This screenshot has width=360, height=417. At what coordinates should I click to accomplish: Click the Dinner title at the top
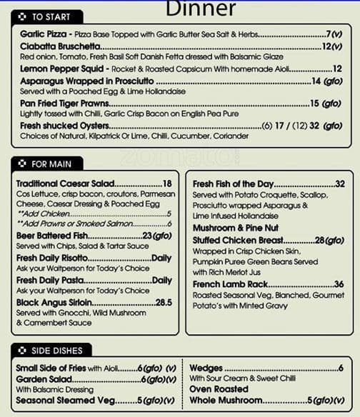coord(200,9)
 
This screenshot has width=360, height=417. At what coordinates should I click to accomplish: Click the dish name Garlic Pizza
coord(43,34)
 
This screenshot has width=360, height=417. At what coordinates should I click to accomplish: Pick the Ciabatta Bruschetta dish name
coord(60,46)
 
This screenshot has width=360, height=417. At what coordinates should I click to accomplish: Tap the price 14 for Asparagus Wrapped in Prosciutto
coord(316,81)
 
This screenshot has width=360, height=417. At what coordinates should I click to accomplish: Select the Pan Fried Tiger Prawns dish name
coord(64,104)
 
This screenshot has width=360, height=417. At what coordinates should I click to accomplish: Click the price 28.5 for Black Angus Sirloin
coord(164,302)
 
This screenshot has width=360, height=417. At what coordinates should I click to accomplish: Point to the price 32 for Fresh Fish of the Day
coord(339,184)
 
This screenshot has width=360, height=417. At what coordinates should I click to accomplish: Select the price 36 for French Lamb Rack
coord(339,284)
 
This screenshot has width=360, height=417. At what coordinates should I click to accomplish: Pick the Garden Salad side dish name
coord(44,379)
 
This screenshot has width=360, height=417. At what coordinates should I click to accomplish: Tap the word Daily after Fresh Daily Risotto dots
coord(161,258)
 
